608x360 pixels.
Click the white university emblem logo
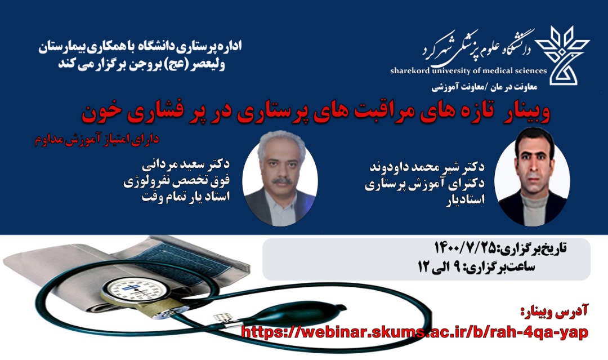click(562, 55)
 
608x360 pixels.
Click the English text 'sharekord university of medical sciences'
click(468, 70)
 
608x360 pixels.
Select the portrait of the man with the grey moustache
click(280, 179)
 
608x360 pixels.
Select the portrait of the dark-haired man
click(532, 176)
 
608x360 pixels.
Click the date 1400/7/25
click(466, 247)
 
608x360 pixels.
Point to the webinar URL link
click(414, 332)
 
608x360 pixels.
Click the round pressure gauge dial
click(134, 289)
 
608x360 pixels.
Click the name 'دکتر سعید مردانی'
click(185, 165)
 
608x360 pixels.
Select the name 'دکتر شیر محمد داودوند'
click(427, 167)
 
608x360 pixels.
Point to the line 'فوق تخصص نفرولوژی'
click(176, 181)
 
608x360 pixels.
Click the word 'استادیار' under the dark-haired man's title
click(465, 200)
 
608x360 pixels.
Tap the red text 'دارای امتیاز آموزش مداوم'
click(97, 140)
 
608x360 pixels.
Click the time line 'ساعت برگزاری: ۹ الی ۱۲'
click(476, 267)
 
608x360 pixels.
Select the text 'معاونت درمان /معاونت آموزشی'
click(484, 87)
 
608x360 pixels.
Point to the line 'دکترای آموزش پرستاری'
click(424, 185)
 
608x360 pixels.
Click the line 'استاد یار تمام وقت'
click(186, 196)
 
